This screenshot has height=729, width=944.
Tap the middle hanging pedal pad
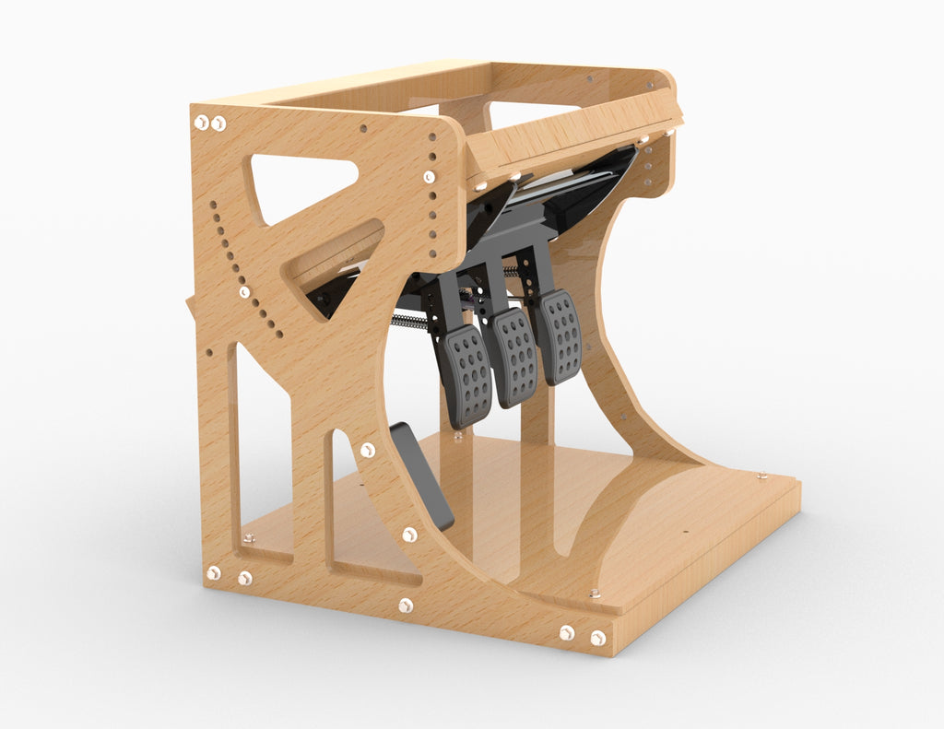514,357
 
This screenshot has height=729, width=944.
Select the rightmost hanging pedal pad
559,335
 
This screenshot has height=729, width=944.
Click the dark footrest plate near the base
422,475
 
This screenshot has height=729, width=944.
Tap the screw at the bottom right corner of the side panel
598,638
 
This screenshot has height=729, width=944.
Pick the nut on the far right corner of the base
761,476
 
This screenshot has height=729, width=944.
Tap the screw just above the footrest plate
368,450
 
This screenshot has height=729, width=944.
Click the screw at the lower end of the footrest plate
409,535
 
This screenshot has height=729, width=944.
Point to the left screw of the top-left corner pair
201,122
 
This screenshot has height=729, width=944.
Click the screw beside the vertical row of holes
429,176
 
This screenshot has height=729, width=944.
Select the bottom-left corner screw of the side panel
214,572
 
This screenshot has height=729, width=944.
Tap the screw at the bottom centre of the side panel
406,606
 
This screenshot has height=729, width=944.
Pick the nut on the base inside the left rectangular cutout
249,537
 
